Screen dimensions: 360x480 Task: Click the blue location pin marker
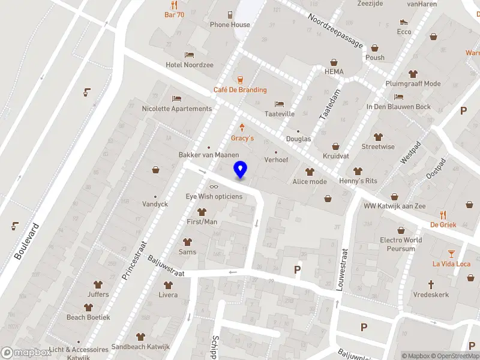(240, 170)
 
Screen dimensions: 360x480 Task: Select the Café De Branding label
(240, 90)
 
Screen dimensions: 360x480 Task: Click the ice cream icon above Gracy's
(242, 127)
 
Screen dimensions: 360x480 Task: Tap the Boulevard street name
(23, 242)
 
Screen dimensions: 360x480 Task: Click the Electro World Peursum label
(401, 244)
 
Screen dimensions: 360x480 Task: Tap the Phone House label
(230, 25)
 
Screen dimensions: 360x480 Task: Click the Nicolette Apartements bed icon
(176, 98)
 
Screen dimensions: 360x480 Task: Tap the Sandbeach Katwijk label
(140, 346)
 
